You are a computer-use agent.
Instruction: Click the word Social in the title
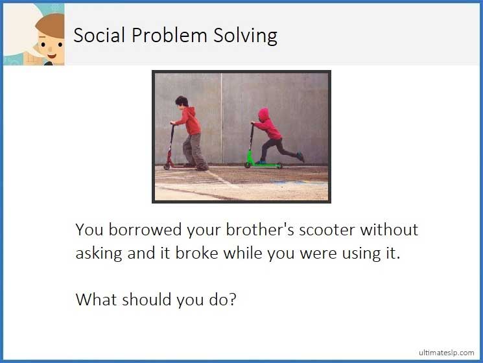pos(99,35)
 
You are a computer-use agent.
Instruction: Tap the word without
pos(390,229)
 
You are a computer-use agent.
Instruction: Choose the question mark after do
pos(231,299)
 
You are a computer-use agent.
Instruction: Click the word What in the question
pos(95,299)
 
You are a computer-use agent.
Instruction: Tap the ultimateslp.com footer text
pos(447,351)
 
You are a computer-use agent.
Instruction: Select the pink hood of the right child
pos(263,114)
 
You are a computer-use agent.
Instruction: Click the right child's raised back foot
pos(300,156)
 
